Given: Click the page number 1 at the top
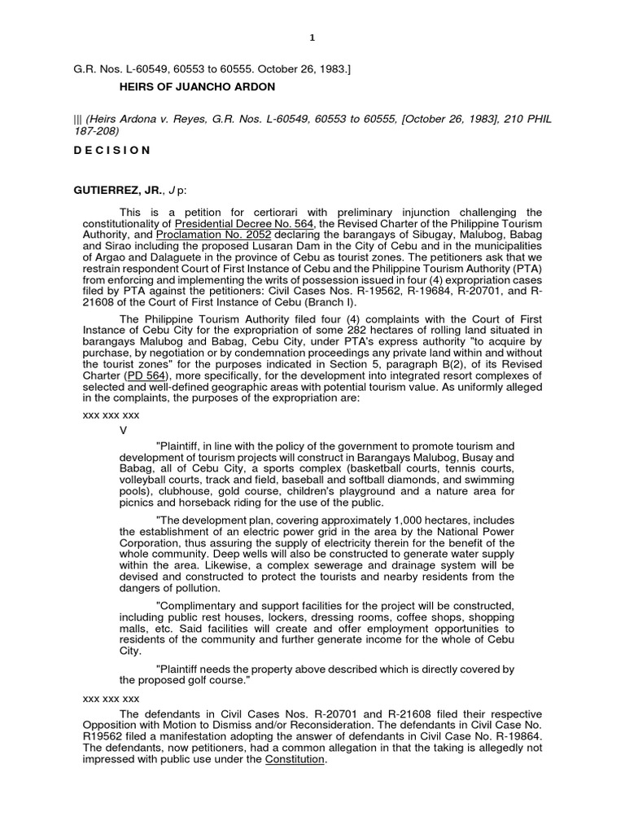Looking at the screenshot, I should [x=312, y=37].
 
